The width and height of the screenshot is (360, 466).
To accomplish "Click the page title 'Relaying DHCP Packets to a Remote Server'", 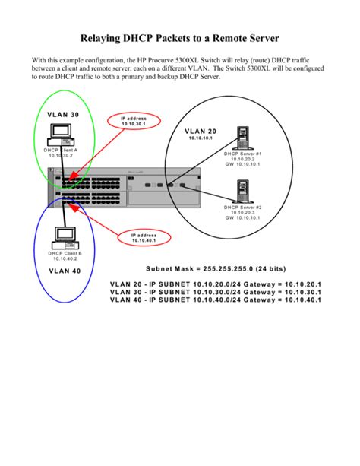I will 180,36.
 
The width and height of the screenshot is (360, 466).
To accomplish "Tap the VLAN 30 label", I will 62,115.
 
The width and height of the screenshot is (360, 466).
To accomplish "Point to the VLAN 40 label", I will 64,271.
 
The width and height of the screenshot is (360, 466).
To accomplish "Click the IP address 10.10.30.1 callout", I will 139,122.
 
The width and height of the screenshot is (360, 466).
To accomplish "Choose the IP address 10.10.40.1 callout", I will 142,238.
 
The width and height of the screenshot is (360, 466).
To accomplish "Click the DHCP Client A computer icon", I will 62,135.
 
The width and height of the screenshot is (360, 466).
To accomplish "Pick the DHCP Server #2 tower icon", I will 242,192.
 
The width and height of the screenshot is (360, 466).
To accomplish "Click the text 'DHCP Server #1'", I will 242,154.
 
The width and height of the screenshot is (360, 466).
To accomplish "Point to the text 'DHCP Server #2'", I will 242,207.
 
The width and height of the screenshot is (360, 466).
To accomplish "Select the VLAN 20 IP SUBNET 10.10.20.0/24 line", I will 216,284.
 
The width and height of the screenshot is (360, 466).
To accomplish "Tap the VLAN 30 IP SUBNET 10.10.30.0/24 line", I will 216,292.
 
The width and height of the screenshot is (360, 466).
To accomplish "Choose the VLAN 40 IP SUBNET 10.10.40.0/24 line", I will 216,300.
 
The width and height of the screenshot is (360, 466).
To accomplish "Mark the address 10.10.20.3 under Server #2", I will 242,212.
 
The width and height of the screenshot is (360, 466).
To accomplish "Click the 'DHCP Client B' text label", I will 65,252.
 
